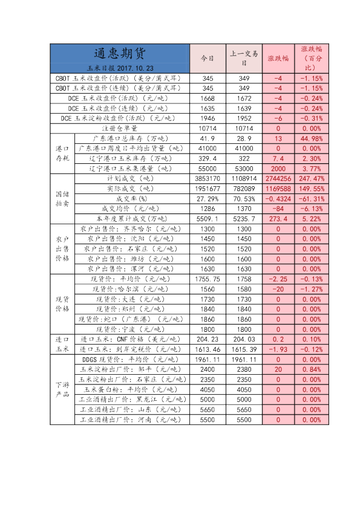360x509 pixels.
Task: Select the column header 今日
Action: click(x=208, y=59)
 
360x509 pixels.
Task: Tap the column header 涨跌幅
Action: click(x=278, y=59)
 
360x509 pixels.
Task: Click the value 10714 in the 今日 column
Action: click(x=208, y=129)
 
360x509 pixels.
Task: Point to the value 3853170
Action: click(x=208, y=179)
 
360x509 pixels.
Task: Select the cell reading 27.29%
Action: click(x=208, y=199)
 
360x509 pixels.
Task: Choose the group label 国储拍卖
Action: click(x=62, y=199)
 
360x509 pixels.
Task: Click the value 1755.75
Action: click(x=208, y=279)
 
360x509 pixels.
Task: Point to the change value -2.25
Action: click(x=278, y=279)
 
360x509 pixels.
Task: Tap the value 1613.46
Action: click(x=208, y=349)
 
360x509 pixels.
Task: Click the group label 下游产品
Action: click(x=62, y=390)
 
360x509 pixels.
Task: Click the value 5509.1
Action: click(x=208, y=219)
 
